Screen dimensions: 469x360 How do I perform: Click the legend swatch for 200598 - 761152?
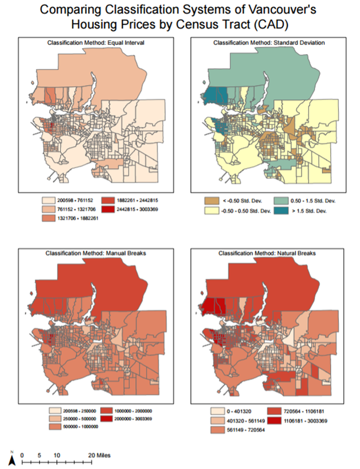[x=52, y=199]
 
